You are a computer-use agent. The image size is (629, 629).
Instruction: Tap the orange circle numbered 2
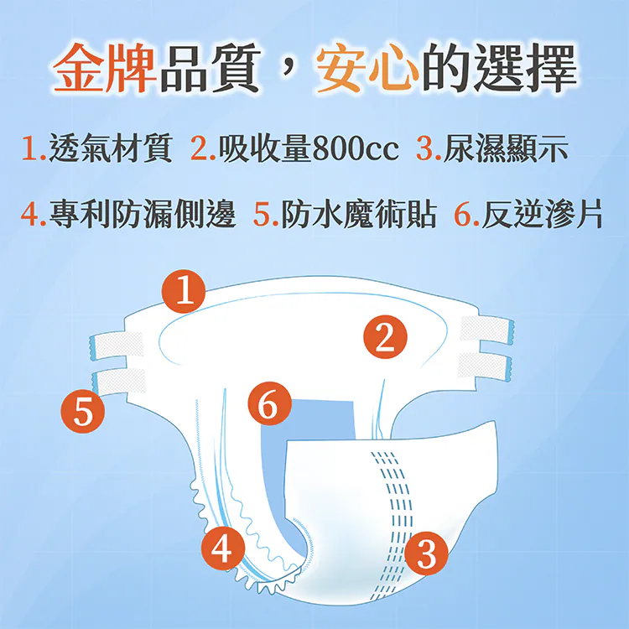pyautogui.click(x=386, y=337)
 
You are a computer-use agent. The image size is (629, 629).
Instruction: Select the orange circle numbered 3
pyautogui.click(x=426, y=554)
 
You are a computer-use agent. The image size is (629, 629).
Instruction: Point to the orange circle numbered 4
pyautogui.click(x=221, y=548)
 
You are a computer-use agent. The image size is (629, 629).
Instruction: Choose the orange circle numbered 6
pyautogui.click(x=268, y=405)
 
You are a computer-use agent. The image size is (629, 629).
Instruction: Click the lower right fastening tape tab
pyautogui.click(x=485, y=364)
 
